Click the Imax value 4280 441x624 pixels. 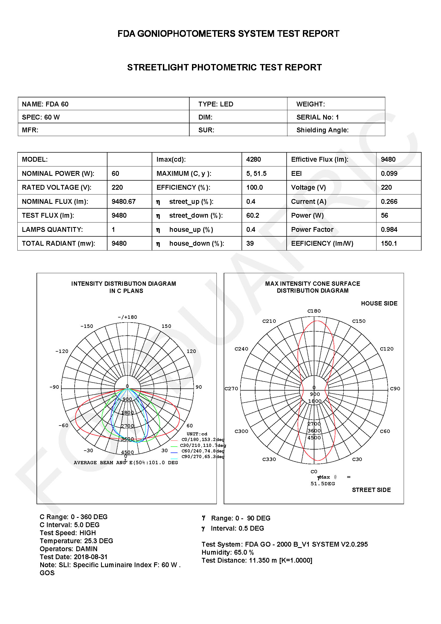[x=253, y=159]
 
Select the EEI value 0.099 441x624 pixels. [x=389, y=173]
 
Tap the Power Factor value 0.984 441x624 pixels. [x=389, y=229]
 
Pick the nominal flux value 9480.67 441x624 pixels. [x=123, y=201]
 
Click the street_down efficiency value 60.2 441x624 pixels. [x=252, y=215]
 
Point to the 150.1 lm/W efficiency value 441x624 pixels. [x=388, y=243]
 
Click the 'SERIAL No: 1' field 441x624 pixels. [x=318, y=117]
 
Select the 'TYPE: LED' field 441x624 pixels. [x=216, y=104]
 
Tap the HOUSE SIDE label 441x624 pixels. [x=379, y=303]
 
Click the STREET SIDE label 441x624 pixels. [x=371, y=490]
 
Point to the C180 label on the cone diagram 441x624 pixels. [x=314, y=311]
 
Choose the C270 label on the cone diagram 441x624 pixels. [x=231, y=389]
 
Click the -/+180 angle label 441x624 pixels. [x=127, y=317]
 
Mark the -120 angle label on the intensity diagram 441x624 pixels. [x=62, y=351]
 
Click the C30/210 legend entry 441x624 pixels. [x=203, y=445]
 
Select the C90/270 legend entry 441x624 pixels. [x=203, y=456]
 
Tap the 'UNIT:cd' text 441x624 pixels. [x=197, y=434]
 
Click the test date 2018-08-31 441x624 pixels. [x=91, y=557]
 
